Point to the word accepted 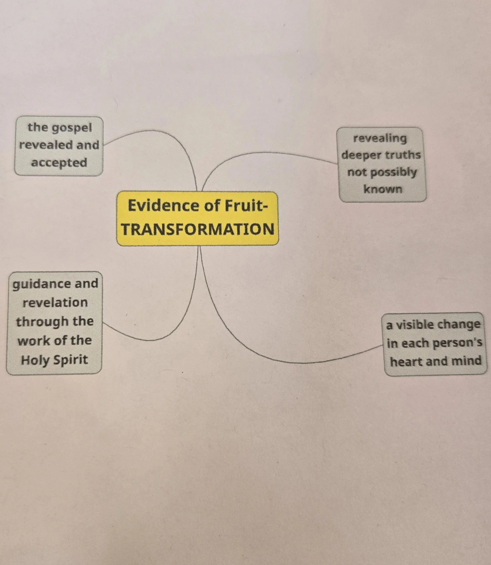[x=59, y=163]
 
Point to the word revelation [x=55, y=303]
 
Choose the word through [x=38, y=322]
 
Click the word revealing [x=380, y=138]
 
